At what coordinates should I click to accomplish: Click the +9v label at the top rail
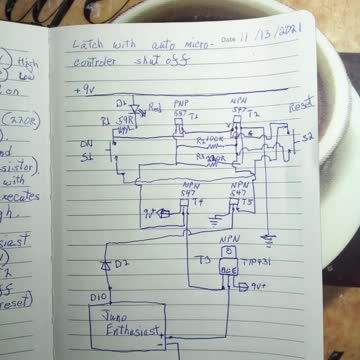pyautogui.click(x=85, y=89)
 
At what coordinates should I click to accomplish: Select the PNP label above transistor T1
pyautogui.click(x=181, y=103)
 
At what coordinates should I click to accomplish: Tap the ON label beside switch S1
pyautogui.click(x=86, y=143)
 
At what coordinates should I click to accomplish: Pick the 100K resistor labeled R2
pyautogui.click(x=210, y=141)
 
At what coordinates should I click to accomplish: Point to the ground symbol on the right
pyautogui.click(x=268, y=240)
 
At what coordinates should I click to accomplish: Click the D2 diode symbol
pyautogui.click(x=105, y=264)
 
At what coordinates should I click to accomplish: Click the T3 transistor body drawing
pyautogui.click(x=228, y=268)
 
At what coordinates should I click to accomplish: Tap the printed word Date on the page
pyautogui.click(x=229, y=40)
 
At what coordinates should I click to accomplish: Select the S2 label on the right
pyautogui.click(x=306, y=134)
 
